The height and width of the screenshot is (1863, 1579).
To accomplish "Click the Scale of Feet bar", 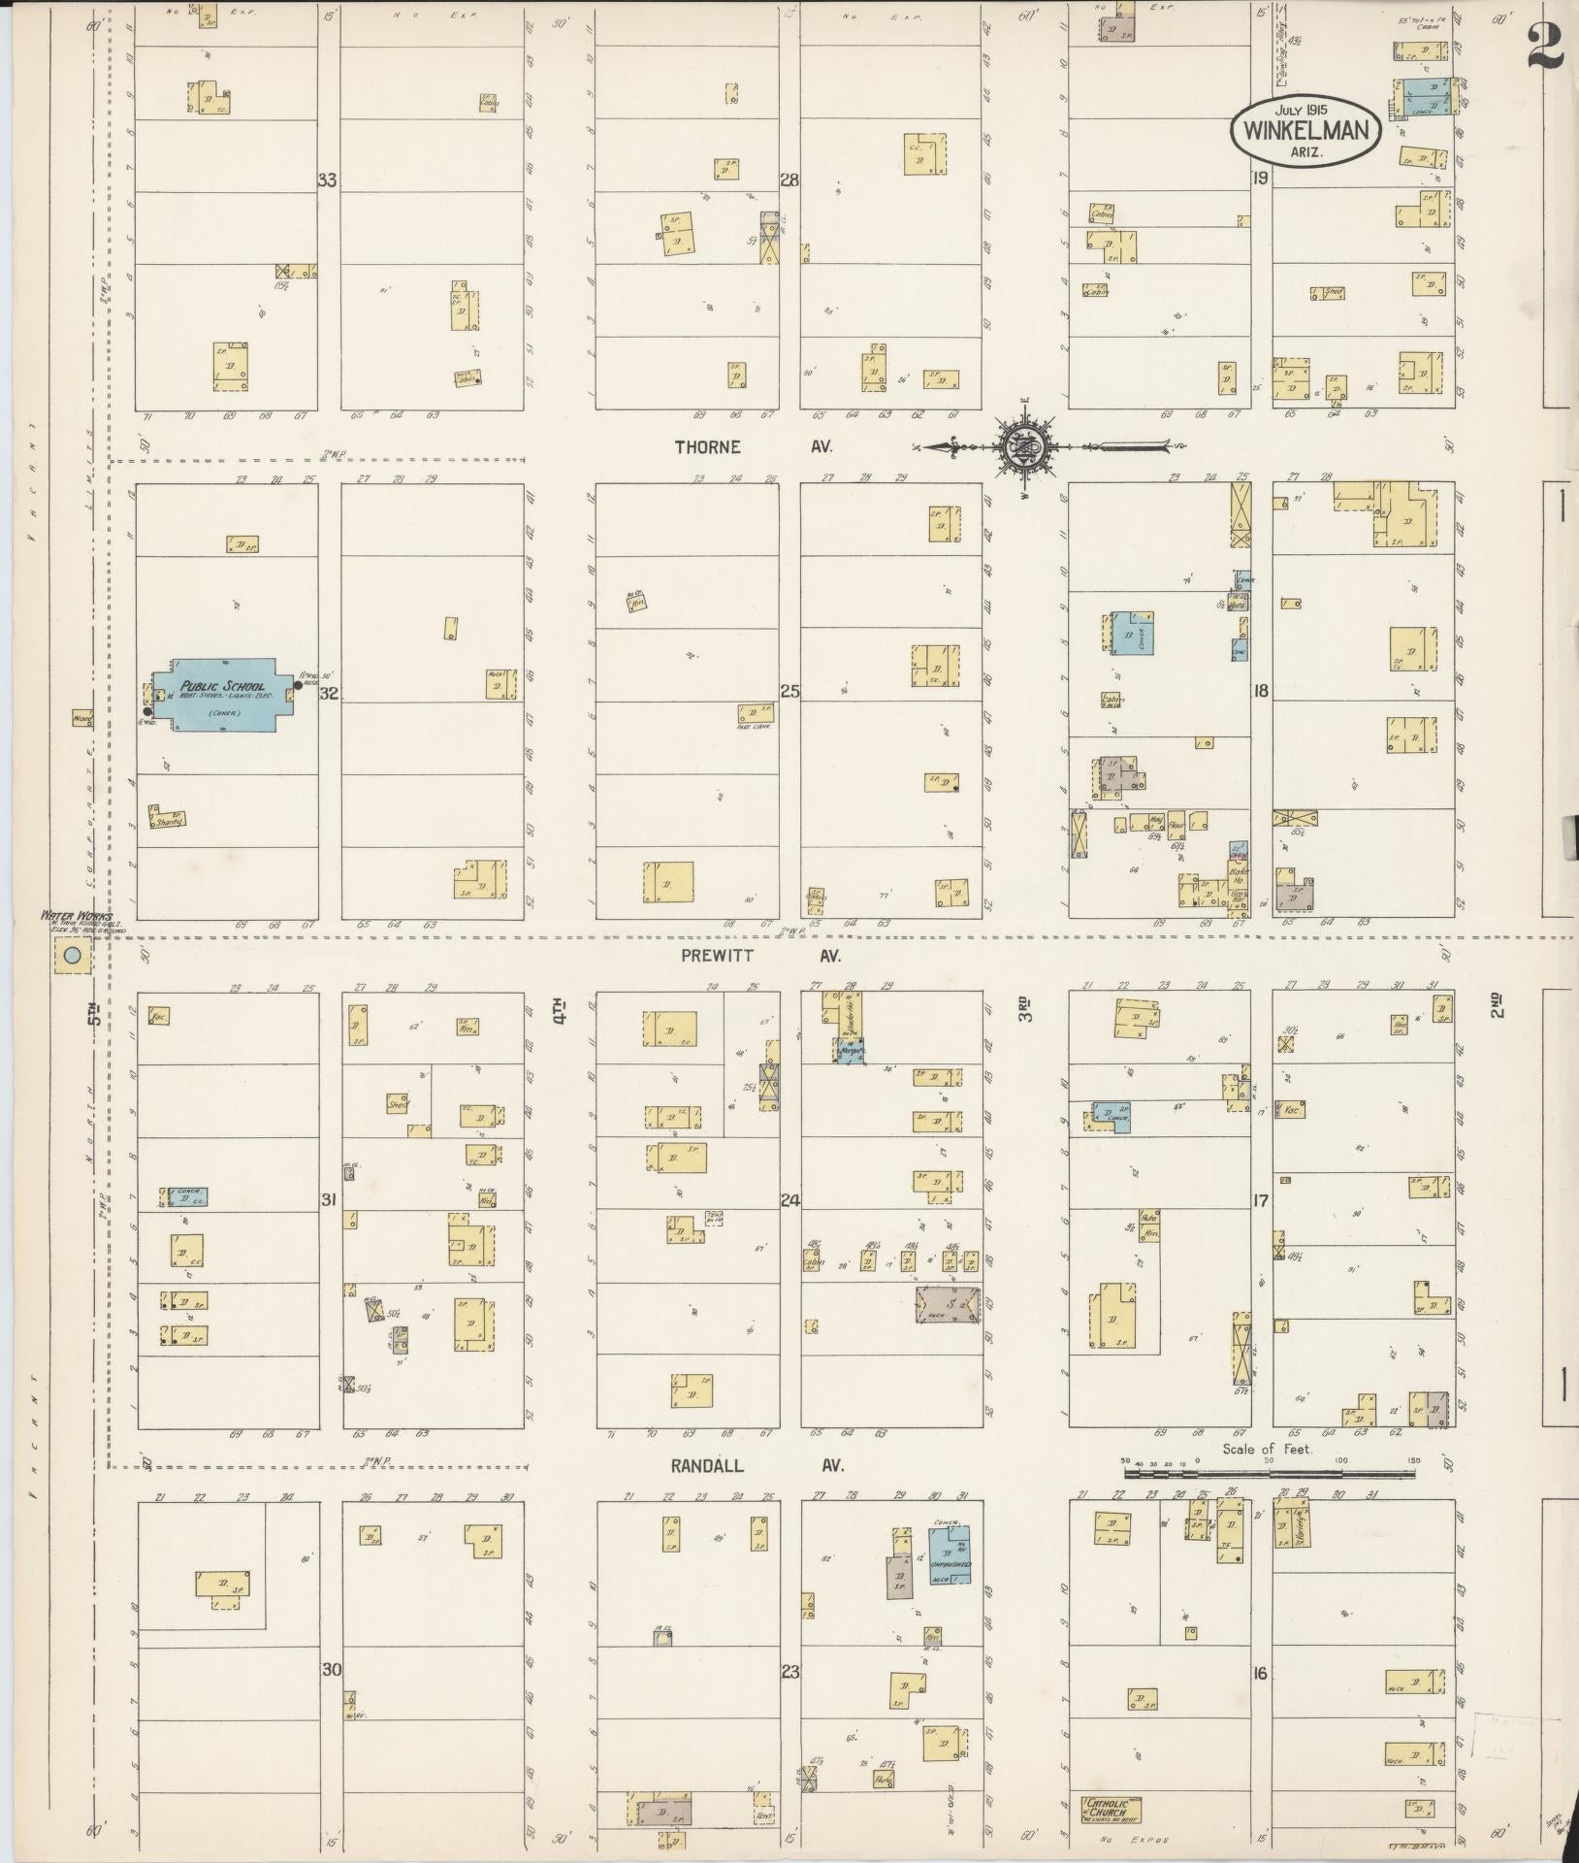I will (1268, 1501).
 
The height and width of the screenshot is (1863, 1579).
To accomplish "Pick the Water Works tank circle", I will (72, 956).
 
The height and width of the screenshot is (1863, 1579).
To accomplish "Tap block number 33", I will (328, 180).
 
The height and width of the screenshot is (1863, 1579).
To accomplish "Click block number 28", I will (789, 180).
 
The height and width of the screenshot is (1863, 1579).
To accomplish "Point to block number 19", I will (1260, 178).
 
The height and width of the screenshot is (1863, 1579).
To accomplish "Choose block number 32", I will (329, 693).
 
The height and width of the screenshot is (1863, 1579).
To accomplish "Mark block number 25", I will (789, 692).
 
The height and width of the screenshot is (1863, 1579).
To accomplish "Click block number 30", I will (332, 1670).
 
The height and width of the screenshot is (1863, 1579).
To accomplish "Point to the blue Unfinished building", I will (950, 1563).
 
